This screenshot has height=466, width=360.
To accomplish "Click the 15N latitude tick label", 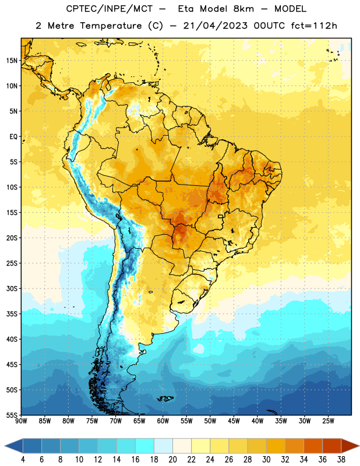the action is pos(12,61).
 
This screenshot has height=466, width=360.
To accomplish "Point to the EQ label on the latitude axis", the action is pos(13,137).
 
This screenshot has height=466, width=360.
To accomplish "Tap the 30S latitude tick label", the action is pos(12,288).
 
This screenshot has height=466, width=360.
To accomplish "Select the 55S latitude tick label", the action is pos(12,415).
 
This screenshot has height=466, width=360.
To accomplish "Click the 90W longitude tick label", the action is pos(21,421).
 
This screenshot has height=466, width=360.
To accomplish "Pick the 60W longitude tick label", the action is pos(163,421).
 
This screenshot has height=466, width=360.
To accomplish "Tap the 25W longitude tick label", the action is pos(328,421).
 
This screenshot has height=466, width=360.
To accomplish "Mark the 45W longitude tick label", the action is pos(234,421).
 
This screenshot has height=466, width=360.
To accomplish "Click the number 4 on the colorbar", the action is pos(23,460).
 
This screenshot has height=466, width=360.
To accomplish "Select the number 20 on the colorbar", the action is pos(172,460).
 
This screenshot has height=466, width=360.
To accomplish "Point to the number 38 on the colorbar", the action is pos(341,460).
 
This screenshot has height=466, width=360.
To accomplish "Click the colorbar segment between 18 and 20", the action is pos(163,446).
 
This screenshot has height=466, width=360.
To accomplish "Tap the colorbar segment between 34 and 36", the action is pos(313,446).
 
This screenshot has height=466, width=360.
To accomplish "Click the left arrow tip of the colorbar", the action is pos(5,446).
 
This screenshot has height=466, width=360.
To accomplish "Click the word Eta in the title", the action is pos(186,9).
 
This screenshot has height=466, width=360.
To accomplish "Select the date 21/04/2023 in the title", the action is pos(215,26).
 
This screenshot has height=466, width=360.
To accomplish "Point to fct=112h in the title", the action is pos(314,26).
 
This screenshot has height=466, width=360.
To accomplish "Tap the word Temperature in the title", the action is pos(111,26).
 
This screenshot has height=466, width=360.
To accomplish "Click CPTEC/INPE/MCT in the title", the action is pos(110,9).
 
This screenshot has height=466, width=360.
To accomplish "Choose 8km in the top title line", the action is pos(243,9).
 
